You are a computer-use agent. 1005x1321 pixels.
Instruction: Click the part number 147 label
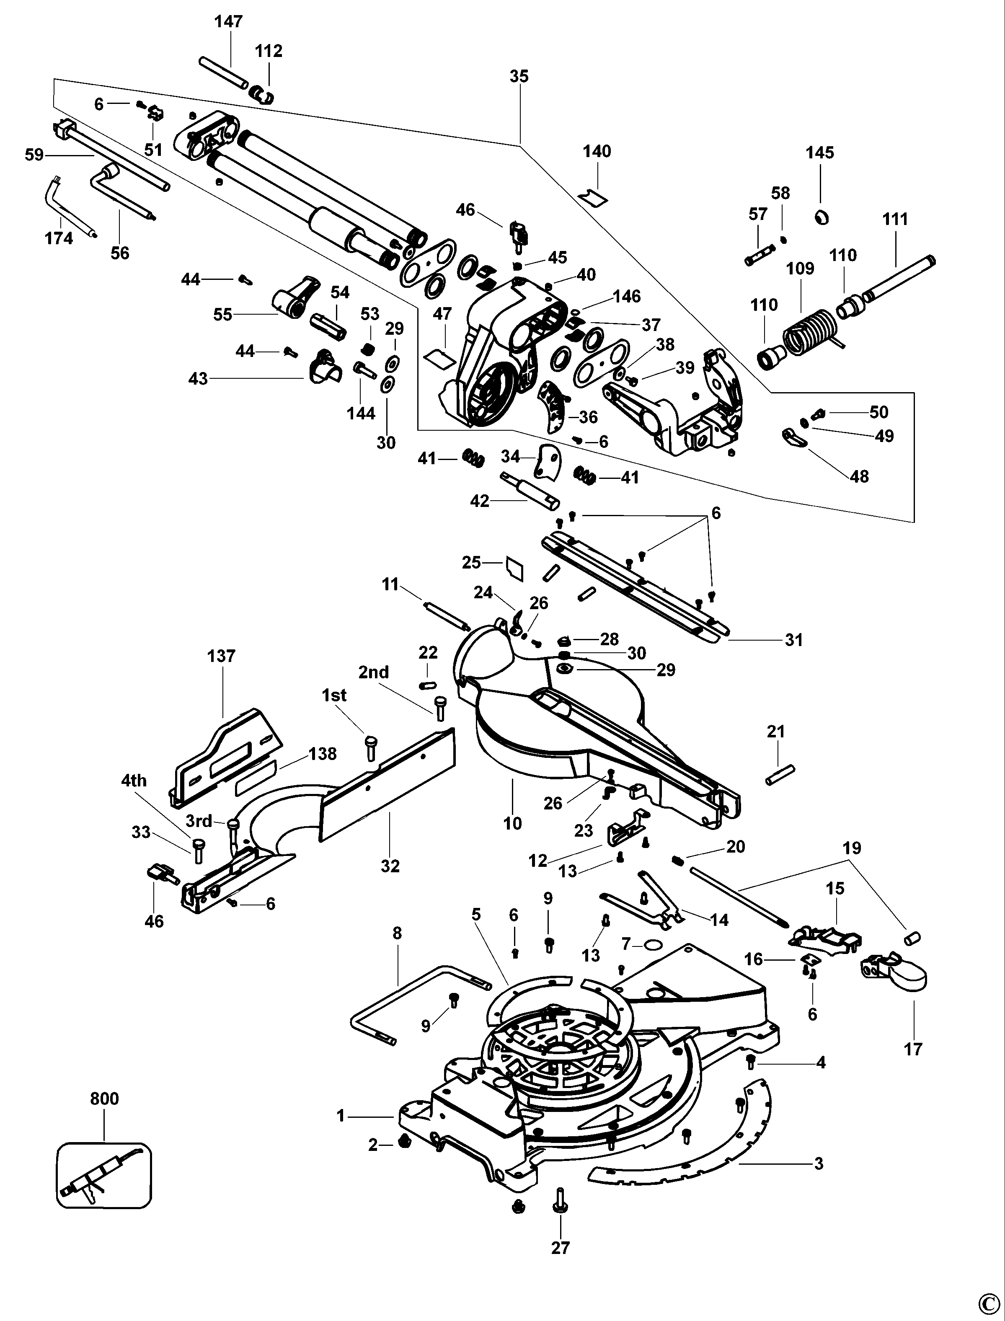click(228, 21)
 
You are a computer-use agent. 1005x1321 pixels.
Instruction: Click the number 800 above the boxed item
click(105, 1099)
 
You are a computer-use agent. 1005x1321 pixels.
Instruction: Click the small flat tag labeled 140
click(593, 196)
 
